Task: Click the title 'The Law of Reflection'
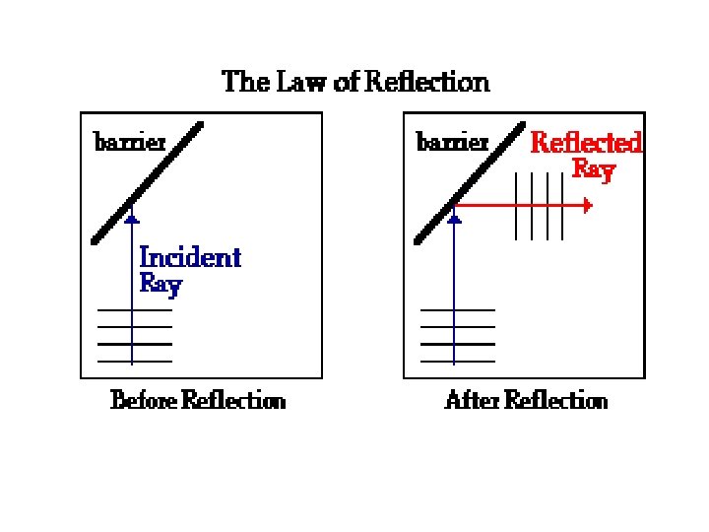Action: click(355, 81)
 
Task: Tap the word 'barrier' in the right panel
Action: click(453, 142)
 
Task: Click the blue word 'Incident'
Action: click(190, 258)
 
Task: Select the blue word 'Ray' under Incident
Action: click(161, 285)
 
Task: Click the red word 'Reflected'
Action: click(586, 143)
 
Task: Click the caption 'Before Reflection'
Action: click(198, 400)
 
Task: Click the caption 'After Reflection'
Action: click(526, 400)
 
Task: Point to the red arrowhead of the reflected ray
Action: click(587, 206)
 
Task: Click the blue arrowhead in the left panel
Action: click(132, 219)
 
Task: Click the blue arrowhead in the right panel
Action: click(454, 219)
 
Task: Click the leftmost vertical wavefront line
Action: click(516, 206)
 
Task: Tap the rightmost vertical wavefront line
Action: click(563, 206)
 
